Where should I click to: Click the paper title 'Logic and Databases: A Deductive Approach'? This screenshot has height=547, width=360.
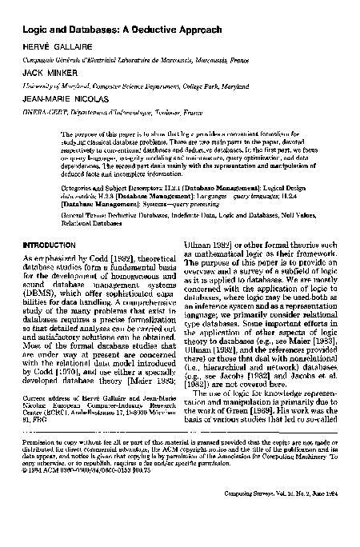[116, 30]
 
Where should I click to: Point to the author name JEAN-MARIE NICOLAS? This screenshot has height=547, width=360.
[62, 99]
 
